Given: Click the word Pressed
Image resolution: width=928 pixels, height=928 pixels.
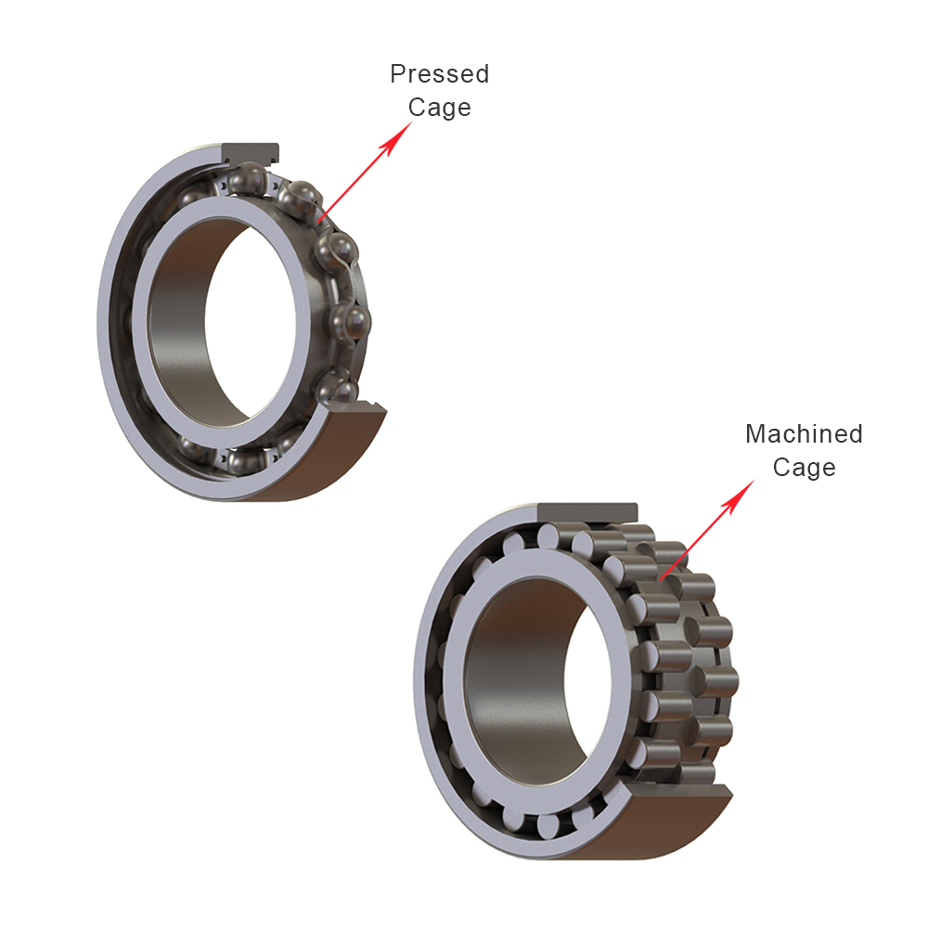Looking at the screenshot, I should pos(439,74).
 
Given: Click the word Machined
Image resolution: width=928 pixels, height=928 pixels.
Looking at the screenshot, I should pos(804,434).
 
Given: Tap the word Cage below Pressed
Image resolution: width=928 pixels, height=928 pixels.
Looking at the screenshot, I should pos(439,108).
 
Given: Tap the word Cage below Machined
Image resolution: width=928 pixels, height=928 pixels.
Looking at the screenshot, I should pos(804,467).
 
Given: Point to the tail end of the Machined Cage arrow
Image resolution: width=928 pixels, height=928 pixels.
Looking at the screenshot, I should pos(659,580).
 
